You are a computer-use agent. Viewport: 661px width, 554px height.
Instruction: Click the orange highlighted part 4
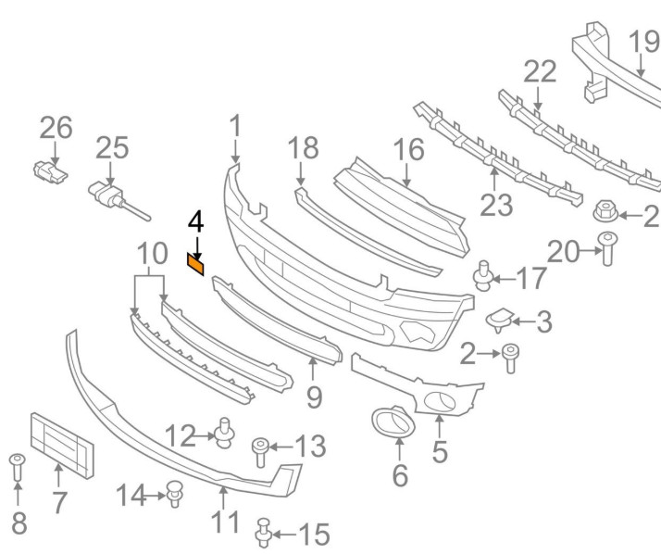(x=196, y=266)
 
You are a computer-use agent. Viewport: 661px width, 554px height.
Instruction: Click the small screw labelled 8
(x=17, y=467)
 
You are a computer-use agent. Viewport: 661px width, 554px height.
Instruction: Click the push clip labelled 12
(x=224, y=432)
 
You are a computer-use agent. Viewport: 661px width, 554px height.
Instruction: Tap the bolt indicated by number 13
(x=261, y=453)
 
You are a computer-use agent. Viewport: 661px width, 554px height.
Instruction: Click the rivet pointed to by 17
(x=482, y=277)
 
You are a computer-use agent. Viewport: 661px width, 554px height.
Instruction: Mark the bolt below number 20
(x=607, y=250)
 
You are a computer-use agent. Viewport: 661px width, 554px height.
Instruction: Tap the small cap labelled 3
(x=501, y=320)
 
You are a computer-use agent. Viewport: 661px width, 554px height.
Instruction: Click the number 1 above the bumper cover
(x=235, y=125)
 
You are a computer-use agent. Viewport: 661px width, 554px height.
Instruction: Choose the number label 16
(x=407, y=149)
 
